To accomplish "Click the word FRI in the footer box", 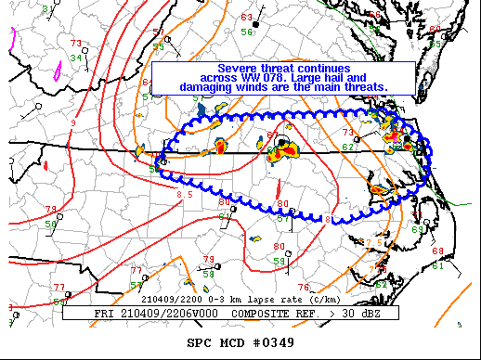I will (x=105, y=314).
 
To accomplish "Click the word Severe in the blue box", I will (x=238, y=68).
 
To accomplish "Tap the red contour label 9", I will (x=72, y=122).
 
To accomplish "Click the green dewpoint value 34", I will (x=75, y=58).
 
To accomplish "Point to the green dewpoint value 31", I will (x=47, y=8).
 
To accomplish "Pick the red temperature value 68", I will (x=436, y=251).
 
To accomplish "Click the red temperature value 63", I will (x=246, y=18).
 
